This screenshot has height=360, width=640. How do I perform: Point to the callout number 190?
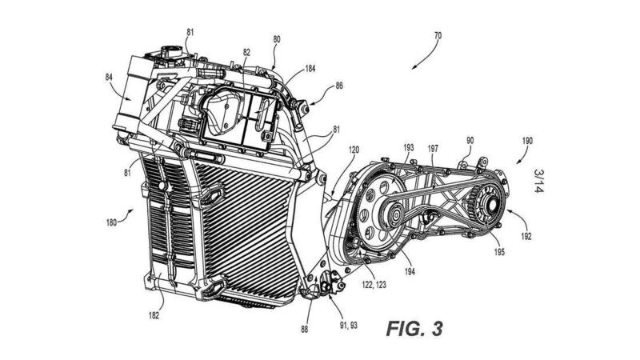click(527, 138)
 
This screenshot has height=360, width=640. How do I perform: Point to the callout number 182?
click(153, 315)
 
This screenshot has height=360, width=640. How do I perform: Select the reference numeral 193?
click(408, 148)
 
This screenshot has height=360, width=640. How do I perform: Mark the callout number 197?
click(433, 148)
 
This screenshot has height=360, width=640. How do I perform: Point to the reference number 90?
click(470, 139)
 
